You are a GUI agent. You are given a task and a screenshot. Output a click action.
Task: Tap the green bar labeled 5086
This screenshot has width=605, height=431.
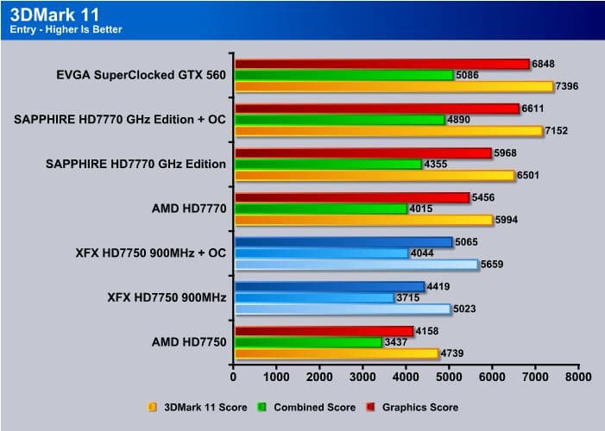tap(343, 75)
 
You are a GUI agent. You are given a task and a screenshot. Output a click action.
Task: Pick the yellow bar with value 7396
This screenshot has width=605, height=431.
tap(393, 86)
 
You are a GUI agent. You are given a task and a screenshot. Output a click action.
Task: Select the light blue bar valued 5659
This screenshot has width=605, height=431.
tap(355, 265)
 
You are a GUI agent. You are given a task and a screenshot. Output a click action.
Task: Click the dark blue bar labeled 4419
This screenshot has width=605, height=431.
tap(329, 286)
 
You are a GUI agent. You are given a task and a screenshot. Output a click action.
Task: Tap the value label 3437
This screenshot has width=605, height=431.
tap(397, 342)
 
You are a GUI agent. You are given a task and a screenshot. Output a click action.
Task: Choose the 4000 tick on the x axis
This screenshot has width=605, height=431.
tap(406, 377)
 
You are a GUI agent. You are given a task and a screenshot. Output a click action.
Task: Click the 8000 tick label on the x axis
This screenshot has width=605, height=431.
tap(578, 377)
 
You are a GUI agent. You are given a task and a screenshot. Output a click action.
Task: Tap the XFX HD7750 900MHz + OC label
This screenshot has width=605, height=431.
tap(150, 253)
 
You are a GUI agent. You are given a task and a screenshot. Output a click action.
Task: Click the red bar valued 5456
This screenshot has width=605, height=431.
tap(351, 197)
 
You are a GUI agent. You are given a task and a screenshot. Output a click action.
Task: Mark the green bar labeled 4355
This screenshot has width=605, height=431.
tap(327, 164)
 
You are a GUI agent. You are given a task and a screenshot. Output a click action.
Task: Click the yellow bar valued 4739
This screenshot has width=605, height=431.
tap(336, 353)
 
